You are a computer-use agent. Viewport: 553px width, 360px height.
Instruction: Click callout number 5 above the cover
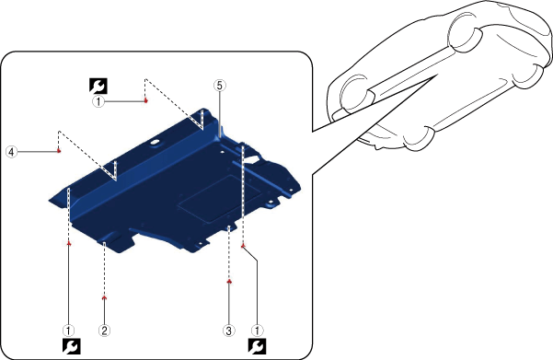tap(219, 86)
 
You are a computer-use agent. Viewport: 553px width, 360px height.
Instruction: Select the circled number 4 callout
tap(12, 152)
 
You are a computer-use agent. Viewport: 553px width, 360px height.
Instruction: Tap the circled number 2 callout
tap(104, 331)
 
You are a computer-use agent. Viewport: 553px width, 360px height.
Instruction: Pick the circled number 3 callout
tap(229, 331)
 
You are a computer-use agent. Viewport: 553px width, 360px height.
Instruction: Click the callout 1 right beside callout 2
tap(68, 331)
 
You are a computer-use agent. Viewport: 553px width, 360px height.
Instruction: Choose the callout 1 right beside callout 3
tap(257, 331)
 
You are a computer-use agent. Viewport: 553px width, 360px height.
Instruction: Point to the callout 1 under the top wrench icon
tap(98, 102)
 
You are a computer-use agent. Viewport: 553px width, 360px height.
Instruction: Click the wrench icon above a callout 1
tap(98, 86)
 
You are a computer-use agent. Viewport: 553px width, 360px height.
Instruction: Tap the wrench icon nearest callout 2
tap(72, 346)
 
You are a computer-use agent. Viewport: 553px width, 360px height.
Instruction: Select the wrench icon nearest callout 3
tap(257, 346)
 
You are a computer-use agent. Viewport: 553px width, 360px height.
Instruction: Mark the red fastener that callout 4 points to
tap(59, 151)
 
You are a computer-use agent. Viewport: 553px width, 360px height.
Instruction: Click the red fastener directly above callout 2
tap(104, 298)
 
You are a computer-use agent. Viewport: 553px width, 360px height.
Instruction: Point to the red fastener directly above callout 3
tap(229, 282)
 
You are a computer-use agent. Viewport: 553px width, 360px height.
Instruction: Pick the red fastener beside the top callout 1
tap(145, 100)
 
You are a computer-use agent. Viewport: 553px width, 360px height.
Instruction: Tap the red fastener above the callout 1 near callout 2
tap(69, 243)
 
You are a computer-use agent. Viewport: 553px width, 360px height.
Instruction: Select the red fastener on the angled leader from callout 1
tap(243, 246)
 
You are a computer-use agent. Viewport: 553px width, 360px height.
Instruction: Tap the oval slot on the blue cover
tap(156, 143)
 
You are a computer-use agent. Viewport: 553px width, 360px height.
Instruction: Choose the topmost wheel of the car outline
tap(466, 31)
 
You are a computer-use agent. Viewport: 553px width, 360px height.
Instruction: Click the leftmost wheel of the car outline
tap(357, 95)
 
